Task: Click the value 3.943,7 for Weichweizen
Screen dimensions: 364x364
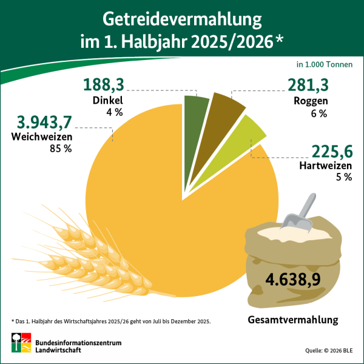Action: coord(45,122)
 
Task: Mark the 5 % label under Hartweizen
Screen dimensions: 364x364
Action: coord(343,177)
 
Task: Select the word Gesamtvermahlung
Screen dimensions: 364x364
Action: coord(292,320)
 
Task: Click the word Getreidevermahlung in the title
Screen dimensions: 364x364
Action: coord(182,19)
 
